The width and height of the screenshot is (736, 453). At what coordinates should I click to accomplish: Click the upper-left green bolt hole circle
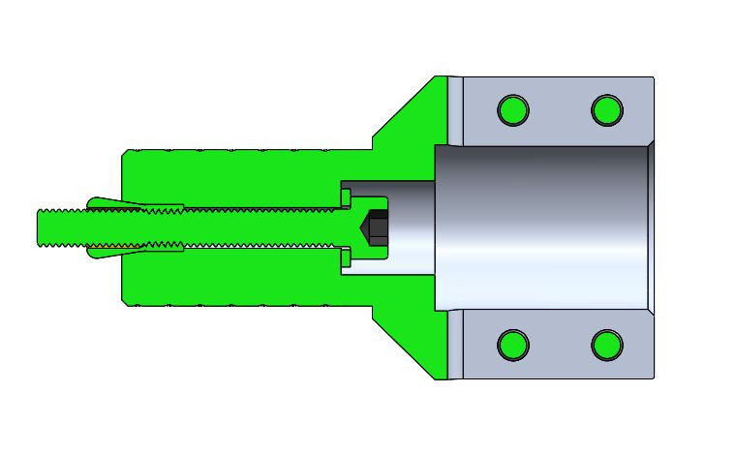tap(513, 110)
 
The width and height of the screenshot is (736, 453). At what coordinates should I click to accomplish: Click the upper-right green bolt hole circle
tap(607, 110)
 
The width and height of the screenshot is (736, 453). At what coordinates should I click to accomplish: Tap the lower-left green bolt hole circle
tap(513, 344)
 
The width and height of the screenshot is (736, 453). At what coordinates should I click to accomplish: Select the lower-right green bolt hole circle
tap(607, 344)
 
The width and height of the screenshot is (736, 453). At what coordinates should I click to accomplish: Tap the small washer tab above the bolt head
tap(345, 197)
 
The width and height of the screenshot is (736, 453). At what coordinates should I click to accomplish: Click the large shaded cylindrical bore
tap(542, 227)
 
